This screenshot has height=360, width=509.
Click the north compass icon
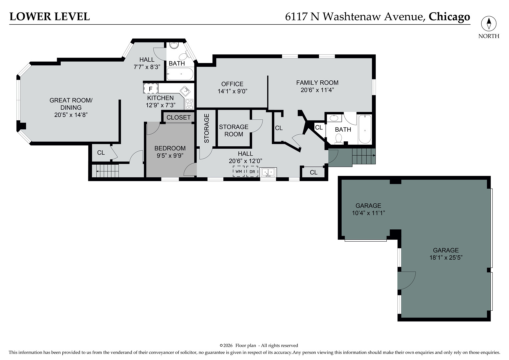pos(489,24)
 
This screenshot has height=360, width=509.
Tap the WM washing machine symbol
pos(239,171)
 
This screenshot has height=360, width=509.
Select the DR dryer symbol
pos(252,171)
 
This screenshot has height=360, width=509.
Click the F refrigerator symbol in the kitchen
pos(150,89)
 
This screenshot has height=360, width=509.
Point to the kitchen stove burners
pos(189,104)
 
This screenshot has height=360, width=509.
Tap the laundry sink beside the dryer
pos(268,172)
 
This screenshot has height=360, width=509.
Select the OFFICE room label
pos(232,84)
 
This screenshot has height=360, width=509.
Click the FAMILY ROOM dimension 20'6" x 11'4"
pos(317,90)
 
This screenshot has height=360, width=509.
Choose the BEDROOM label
pos(170,148)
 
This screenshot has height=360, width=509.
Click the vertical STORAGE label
pos(207,128)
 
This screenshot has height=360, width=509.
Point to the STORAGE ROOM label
pos(234,130)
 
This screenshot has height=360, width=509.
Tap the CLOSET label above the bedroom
pos(178,117)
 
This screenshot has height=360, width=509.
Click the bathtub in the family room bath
pos(365,129)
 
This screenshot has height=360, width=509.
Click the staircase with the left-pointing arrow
pos(105,171)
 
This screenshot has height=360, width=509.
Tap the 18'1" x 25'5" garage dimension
pos(446,257)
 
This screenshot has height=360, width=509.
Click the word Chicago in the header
pos(449,16)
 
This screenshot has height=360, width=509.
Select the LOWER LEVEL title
pos(50,16)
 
